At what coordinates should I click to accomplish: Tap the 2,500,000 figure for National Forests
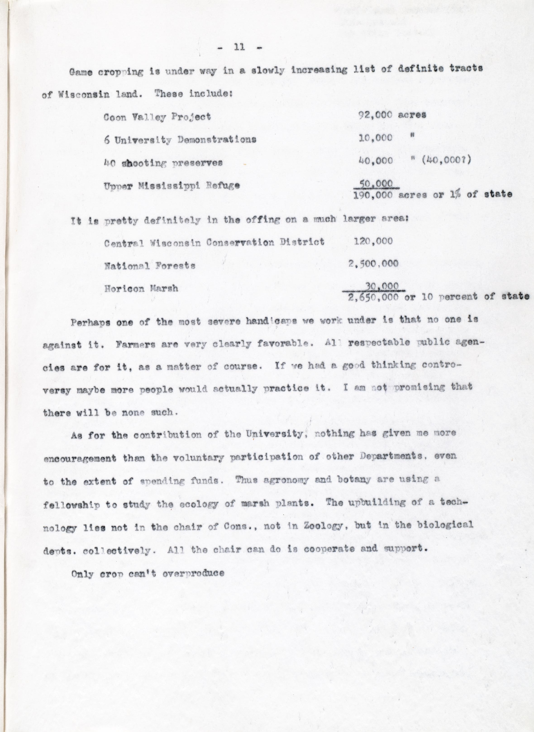tap(373, 264)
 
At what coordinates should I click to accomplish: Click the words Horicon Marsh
tap(141, 288)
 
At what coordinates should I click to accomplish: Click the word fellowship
tap(71, 505)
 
